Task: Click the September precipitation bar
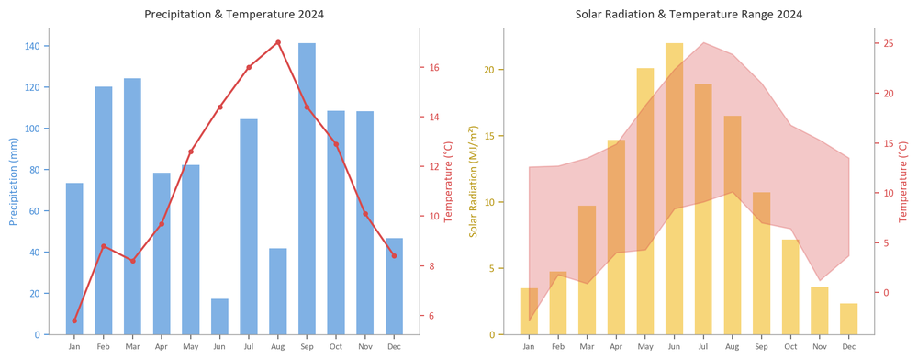(307, 188)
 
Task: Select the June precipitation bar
(219, 317)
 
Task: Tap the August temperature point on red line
(278, 42)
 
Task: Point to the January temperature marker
(74, 321)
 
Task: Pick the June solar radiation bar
(674, 189)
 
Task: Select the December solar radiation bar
(848, 319)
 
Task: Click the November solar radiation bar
(820, 310)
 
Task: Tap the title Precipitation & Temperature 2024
(234, 14)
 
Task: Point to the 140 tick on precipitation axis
(33, 46)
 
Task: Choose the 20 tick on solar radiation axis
(489, 70)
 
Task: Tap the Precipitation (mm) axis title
(13, 182)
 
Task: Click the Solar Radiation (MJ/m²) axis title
(473, 182)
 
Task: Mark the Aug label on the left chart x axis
(278, 346)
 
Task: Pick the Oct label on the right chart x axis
(790, 346)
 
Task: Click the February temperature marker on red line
(104, 246)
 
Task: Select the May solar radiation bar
(645, 201)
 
